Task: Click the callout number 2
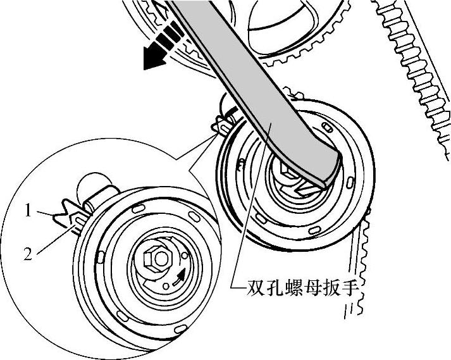28,255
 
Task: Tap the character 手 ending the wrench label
340,292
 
